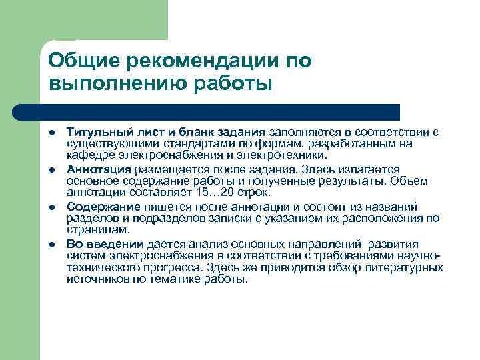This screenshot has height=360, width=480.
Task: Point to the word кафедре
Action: pos(87,155)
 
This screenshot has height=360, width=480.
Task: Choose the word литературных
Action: pos(407,268)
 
